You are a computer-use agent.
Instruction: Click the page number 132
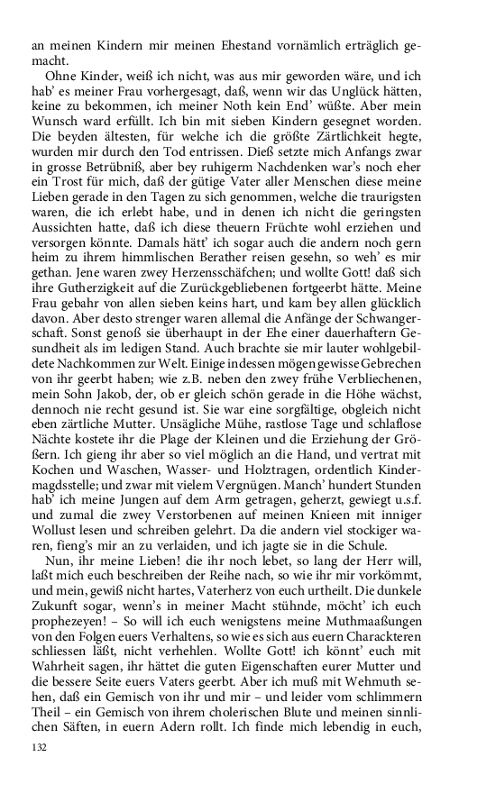pyautogui.click(x=39, y=748)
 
